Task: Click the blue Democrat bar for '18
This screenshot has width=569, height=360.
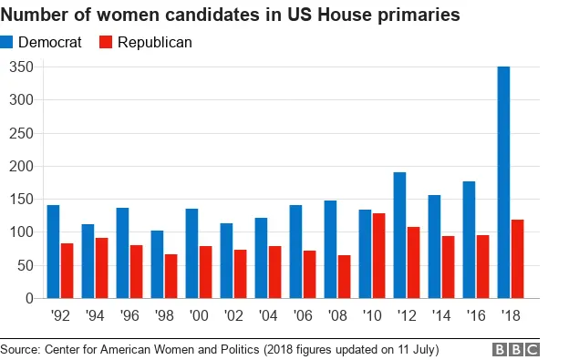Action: [503, 182]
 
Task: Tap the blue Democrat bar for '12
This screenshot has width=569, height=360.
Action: [400, 235]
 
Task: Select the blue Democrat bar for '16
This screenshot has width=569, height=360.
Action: [470, 240]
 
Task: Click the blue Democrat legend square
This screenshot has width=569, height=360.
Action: [8, 43]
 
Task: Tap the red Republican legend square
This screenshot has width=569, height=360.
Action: [105, 43]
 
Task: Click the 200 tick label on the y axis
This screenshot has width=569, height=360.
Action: [21, 166]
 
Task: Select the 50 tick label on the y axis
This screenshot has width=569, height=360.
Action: [25, 265]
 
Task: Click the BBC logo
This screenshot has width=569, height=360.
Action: [516, 349]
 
